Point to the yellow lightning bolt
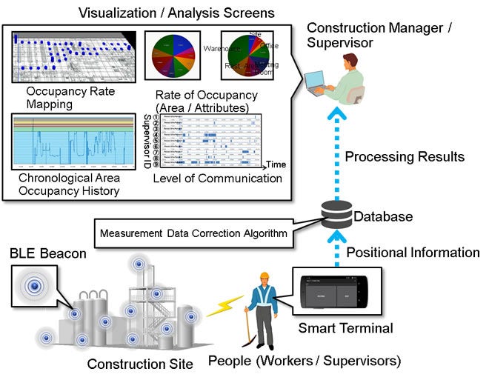tap(223, 306)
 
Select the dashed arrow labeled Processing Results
tap(338, 152)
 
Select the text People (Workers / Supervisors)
tap(305, 361)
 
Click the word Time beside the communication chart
tap(276, 164)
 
